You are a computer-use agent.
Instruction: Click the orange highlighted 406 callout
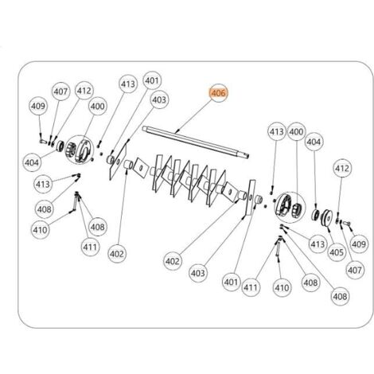pos(218,93)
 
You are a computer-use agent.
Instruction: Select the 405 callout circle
pos(337,252)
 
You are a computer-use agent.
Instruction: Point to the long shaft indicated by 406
pos(196,142)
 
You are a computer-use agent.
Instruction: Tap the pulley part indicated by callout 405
pos(326,218)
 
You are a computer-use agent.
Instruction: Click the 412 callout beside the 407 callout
pos(84,91)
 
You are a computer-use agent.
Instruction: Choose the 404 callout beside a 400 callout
pos(314,142)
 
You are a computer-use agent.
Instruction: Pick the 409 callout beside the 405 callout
pos(359,244)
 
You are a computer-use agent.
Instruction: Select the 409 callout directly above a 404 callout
pos(38,106)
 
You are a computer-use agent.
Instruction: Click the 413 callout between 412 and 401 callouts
pos(128,84)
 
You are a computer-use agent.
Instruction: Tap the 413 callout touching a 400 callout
pos(277,131)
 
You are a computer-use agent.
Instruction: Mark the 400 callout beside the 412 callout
pos(97,107)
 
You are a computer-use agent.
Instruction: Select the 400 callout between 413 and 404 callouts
pos(296,131)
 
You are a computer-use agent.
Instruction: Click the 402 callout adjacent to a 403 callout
pos(173,261)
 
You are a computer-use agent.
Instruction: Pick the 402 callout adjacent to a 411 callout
pos(117,254)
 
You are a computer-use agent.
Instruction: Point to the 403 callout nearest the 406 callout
pos(159,99)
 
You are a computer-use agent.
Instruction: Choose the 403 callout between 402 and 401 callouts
pos(198,273)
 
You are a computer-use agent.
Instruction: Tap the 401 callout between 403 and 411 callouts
pos(231,282)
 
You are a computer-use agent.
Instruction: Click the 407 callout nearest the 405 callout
pos(355,271)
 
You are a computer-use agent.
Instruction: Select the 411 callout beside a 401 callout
pos(251,287)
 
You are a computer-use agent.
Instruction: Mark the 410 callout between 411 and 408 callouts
pos(282,287)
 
